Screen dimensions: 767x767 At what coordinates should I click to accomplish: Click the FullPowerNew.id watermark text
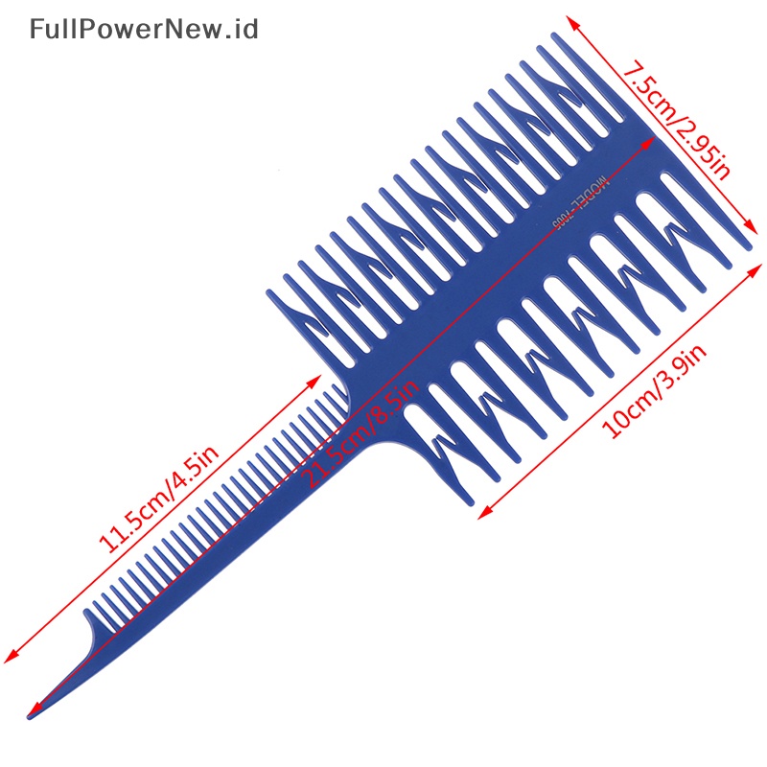coord(144,30)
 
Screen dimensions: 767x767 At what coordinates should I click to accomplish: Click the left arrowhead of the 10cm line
coord(482,514)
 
